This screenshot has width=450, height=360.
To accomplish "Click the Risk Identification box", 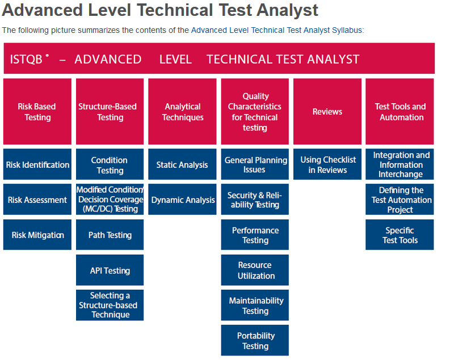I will (x=37, y=164).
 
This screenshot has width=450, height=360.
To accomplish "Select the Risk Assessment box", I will (x=37, y=200).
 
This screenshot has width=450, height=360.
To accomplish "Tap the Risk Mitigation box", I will (x=37, y=235).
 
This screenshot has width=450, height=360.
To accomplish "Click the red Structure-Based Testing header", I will (x=110, y=112).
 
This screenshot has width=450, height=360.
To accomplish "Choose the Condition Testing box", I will (x=110, y=164).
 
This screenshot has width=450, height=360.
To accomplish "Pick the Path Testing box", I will (x=110, y=235).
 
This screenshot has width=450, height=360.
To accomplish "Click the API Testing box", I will (x=110, y=270).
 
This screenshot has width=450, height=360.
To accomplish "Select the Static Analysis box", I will (x=182, y=164).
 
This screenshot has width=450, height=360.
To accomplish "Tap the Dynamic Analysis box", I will (x=182, y=200).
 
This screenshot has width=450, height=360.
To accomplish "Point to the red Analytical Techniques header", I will (x=182, y=112).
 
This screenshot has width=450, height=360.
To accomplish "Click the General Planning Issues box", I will (x=255, y=164).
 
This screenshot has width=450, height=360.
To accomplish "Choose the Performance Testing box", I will (x=255, y=235).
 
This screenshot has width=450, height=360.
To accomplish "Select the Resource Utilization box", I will (x=255, y=270).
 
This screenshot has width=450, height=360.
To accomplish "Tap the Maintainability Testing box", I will (x=255, y=306).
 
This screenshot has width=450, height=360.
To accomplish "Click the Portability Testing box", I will (x=255, y=341).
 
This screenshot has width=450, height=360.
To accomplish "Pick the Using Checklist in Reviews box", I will (x=327, y=164).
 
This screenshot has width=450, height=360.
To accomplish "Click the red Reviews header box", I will (x=327, y=112).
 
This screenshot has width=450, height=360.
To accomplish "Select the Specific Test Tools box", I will (x=399, y=235).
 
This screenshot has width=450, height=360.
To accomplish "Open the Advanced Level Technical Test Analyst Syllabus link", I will (x=276, y=30).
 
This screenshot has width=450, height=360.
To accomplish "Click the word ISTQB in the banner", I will (x=26, y=60).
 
